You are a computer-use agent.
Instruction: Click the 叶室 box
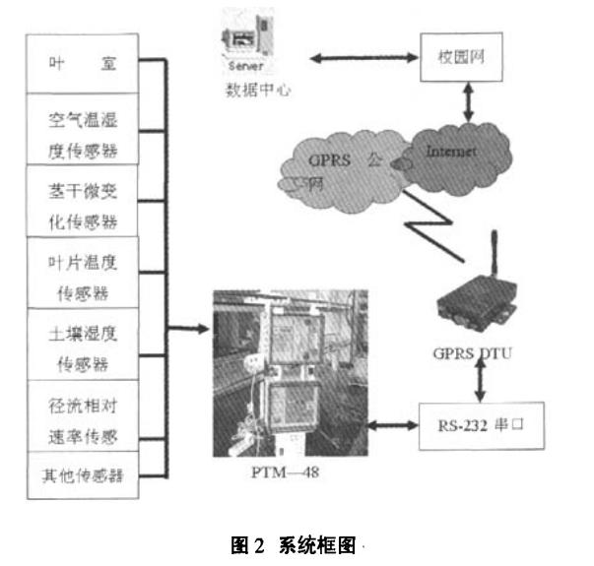83,65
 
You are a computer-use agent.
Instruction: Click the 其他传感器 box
83,477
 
